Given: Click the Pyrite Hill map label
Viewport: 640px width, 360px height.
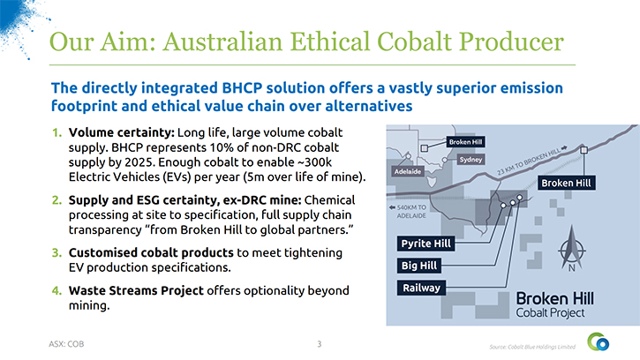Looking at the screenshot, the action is (x=425, y=244).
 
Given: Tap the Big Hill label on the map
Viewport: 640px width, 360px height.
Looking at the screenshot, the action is (x=419, y=266).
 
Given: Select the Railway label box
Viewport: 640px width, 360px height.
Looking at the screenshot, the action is (x=422, y=288).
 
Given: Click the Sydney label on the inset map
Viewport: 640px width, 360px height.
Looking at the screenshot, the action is (x=471, y=160).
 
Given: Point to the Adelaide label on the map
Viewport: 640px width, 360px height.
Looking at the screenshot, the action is (x=407, y=172).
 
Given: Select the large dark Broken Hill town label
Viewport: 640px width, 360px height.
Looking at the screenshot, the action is (x=566, y=183).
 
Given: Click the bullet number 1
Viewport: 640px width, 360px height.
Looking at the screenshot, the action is (x=56, y=132).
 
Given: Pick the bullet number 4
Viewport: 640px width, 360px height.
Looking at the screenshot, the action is (x=56, y=290).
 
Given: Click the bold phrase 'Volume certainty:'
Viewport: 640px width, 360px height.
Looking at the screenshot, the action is (x=121, y=132).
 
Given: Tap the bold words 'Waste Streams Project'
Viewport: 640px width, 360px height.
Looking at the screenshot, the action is (x=136, y=290).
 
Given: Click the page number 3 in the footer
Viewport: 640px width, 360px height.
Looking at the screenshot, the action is (x=320, y=344).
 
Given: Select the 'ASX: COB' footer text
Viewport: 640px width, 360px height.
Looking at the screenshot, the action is (x=66, y=344).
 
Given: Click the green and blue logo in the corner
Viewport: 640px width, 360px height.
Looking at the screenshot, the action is (x=599, y=342).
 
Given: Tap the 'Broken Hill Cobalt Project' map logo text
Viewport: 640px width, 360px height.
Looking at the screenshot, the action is (x=554, y=304).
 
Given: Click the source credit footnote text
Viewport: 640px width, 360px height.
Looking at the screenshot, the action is (x=532, y=347).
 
